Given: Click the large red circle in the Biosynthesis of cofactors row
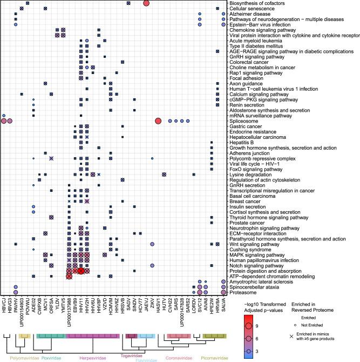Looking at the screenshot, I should coord(146,3).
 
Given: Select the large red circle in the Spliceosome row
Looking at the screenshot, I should coord(158,121).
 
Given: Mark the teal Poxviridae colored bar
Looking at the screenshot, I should coord(52,337).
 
